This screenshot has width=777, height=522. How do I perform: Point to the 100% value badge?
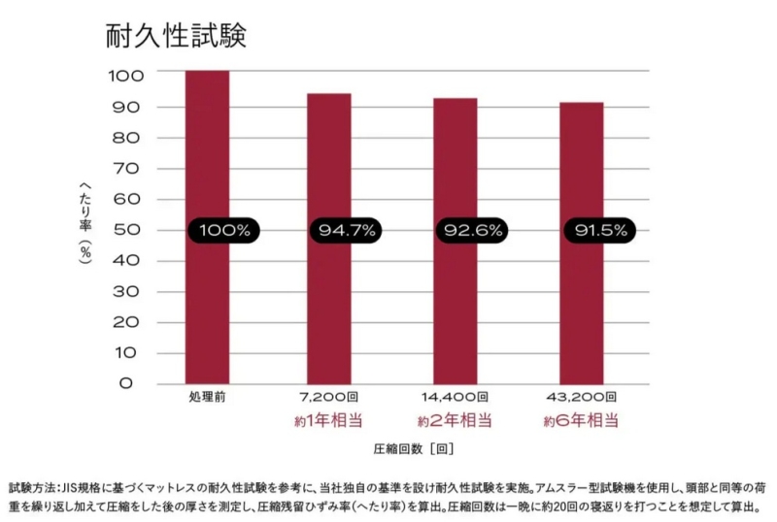(x=224, y=231)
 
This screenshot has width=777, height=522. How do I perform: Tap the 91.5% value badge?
(x=600, y=231)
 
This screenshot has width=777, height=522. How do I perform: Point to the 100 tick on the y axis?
(x=126, y=75)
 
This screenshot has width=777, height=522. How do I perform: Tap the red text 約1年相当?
(x=329, y=421)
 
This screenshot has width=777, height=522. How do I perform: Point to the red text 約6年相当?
(x=581, y=421)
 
